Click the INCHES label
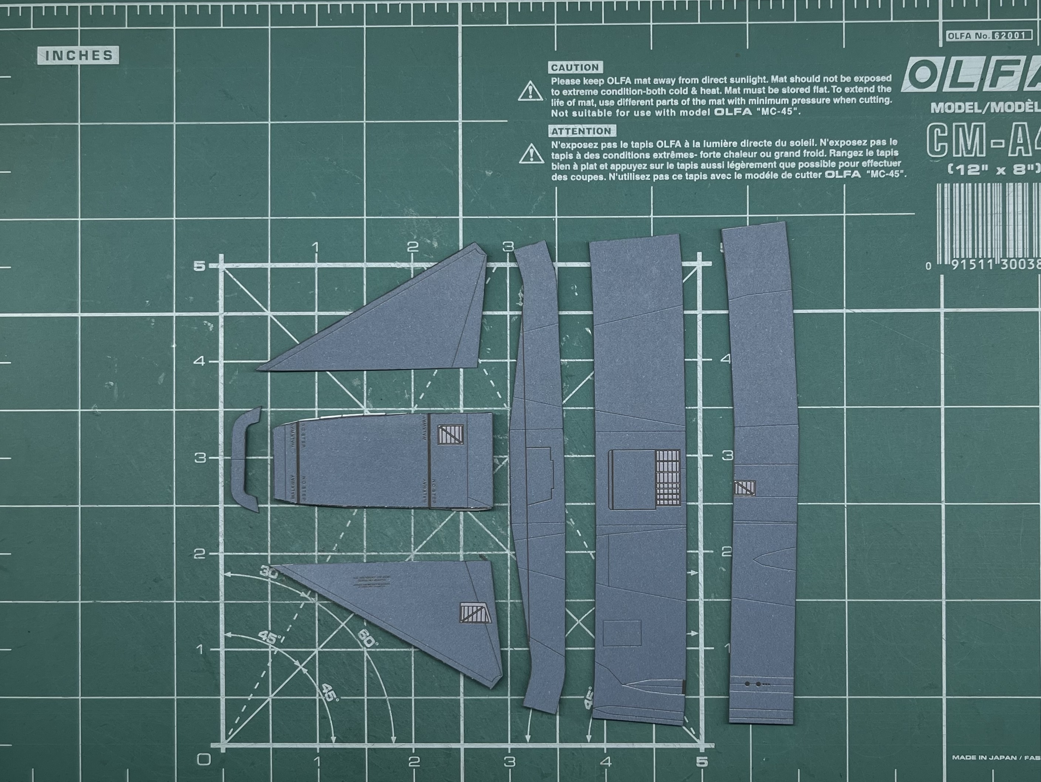click(78, 55)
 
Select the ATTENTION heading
click(581, 131)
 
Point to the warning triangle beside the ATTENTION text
click(531, 154)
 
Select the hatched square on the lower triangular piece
click(476, 613)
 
